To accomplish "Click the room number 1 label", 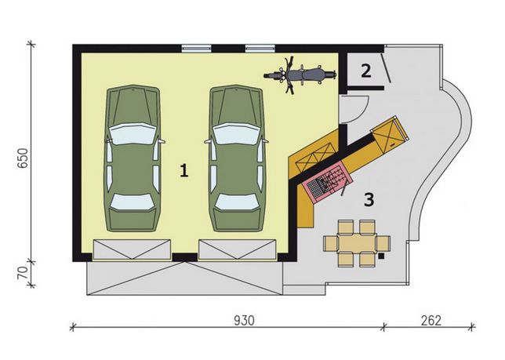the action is tap(184, 170).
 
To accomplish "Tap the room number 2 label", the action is tap(366, 71).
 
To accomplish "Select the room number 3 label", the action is tap(369, 199).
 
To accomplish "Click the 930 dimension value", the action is tap(244, 321).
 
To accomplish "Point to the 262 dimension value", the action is tap(431, 321).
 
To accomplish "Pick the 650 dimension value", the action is tap(23, 158).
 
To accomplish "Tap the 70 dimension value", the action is tap(23, 274).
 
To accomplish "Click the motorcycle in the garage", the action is tap(300, 75).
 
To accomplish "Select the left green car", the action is tap(133, 158).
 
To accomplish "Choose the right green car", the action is tap(236, 158).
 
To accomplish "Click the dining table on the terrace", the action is tap(357, 243).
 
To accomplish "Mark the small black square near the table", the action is tap(381, 256).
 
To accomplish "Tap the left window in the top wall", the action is tap(197, 49).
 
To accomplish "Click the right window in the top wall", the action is tap(260, 49).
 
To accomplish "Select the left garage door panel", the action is tap(132, 249).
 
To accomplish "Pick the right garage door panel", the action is tap(238, 249).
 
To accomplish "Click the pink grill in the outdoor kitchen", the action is tap(325, 182).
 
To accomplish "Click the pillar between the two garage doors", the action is tap(185, 257).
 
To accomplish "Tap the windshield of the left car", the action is tap(133, 134).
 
